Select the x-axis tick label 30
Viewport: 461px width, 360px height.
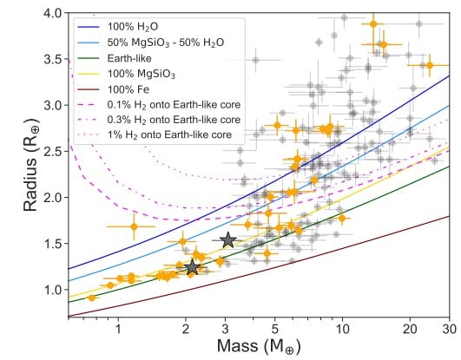pyautogui.click(x=449, y=331)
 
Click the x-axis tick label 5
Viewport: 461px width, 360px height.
pyautogui.click(x=275, y=331)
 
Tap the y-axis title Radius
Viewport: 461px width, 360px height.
pyautogui.click(x=15, y=169)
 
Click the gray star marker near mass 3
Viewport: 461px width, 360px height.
pyautogui.click(x=227, y=240)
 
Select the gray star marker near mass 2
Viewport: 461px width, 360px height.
pyautogui.click(x=193, y=268)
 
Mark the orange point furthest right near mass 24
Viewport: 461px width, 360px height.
pyautogui.click(x=429, y=65)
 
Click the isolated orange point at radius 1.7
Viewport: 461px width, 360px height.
pyautogui.click(x=133, y=226)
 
